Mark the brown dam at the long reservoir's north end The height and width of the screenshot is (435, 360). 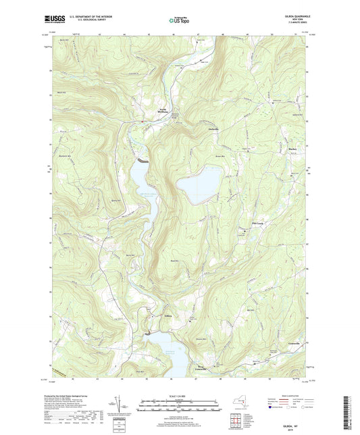click(143, 161)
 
